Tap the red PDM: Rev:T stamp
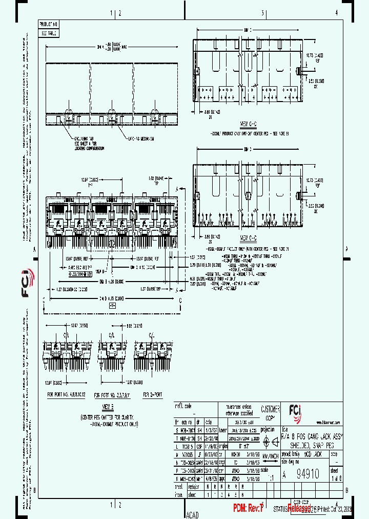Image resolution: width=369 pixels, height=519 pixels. pos(248,508)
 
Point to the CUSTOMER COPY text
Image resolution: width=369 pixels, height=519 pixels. pos(270,413)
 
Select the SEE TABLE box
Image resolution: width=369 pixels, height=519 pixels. pos(50,33)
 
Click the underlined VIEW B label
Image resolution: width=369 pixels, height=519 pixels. pos(108,406)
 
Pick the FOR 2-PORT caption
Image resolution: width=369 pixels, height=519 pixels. pos(153,395)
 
